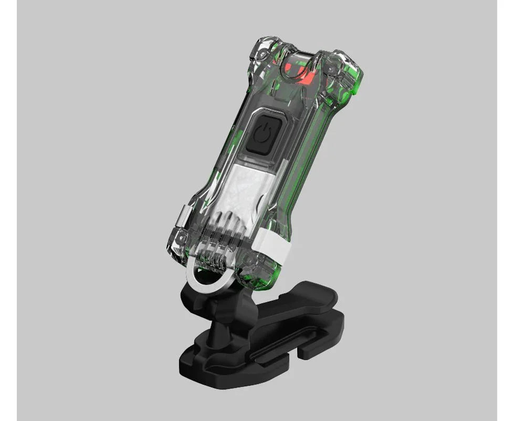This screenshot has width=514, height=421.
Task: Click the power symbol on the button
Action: pyautogui.click(x=262, y=135)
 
